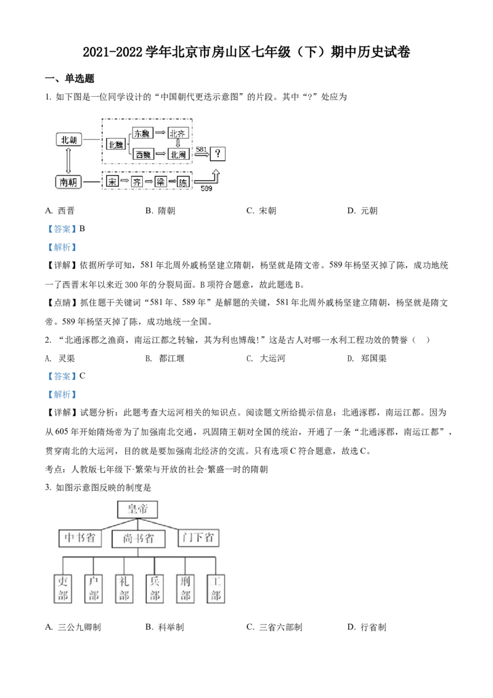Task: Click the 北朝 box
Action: coord(68,140)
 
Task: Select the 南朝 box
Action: coord(68,182)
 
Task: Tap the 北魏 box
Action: coord(115,144)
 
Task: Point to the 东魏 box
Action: coord(142,134)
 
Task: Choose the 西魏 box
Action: coord(142,154)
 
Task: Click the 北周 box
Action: coord(179,154)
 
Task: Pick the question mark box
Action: coord(217,153)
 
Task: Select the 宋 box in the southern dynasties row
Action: coord(112,182)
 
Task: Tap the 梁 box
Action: coord(160,182)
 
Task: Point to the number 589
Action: coord(206,188)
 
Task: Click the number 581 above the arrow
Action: coord(201,149)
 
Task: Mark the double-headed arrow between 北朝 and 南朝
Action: coord(68,161)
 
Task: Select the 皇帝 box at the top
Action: coord(138,509)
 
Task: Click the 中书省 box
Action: coord(80,538)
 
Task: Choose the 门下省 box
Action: coord(198,537)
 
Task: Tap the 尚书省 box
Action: coord(138,540)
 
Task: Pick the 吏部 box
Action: coord(62,588)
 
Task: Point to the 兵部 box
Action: coord(153,588)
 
